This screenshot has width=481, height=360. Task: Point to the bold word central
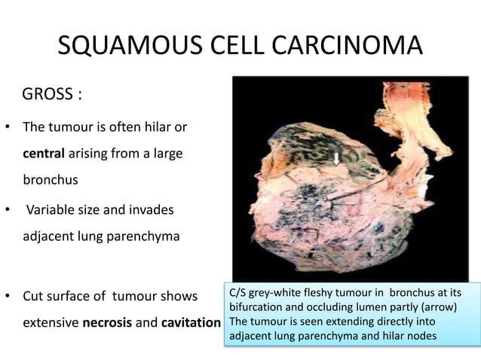43,153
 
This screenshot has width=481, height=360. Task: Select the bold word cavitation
190,324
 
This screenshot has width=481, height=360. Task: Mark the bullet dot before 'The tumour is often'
8,126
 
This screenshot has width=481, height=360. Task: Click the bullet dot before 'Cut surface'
8,296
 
